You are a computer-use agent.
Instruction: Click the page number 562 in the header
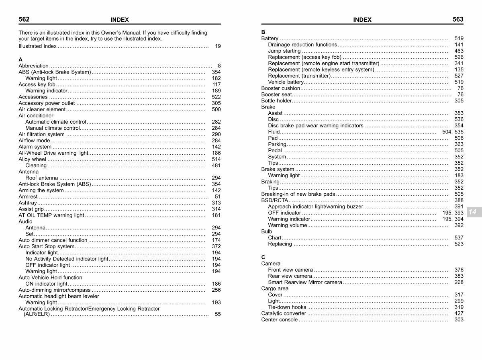[24, 19]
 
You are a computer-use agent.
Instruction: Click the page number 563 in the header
[458, 19]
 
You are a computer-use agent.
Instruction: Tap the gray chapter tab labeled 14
[472, 212]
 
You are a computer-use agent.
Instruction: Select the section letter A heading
[20, 59]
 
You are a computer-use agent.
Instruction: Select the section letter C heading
[263, 257]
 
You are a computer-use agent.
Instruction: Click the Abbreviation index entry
[34, 65]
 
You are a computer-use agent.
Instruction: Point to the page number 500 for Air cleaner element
[216, 109]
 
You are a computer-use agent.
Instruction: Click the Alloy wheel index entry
[33, 159]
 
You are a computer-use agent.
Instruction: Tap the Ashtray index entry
[28, 203]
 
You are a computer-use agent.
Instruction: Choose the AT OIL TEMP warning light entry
[51, 215]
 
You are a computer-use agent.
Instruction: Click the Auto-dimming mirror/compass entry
[55, 290]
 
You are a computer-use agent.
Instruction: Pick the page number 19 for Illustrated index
[218, 46]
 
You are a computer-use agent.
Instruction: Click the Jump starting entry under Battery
[284, 51]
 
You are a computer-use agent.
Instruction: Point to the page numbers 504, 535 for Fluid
[453, 132]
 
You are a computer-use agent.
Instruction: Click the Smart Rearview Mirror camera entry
[305, 282]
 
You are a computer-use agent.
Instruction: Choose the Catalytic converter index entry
[284, 313]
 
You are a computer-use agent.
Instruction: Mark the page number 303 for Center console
[459, 320]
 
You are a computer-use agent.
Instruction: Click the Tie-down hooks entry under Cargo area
[287, 307]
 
